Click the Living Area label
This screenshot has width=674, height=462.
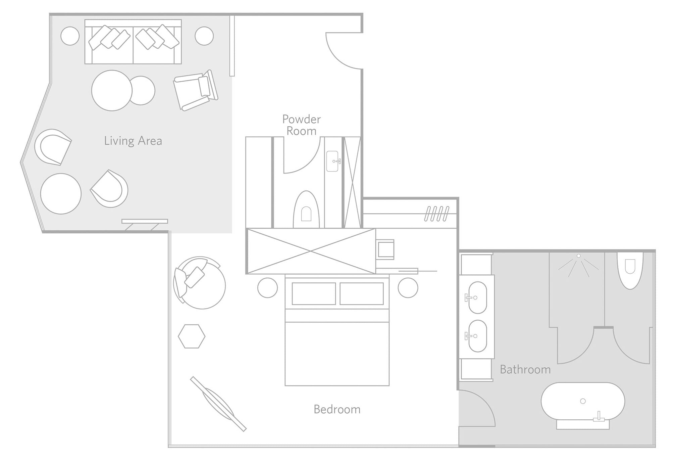click(133, 141)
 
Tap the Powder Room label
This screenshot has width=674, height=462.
click(301, 125)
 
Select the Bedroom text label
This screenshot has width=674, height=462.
click(337, 409)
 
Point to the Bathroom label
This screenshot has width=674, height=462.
click(525, 370)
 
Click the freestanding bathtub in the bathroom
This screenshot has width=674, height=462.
click(583, 401)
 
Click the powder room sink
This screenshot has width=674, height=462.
click(333, 161)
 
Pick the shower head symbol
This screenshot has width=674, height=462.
click(578, 265)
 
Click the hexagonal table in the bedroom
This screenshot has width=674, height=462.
click(192, 336)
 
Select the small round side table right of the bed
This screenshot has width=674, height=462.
click(408, 288)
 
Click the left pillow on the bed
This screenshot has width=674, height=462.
click(314, 294)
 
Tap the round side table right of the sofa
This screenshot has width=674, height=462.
click(204, 36)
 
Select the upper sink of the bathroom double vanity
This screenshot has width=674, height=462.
click(477, 297)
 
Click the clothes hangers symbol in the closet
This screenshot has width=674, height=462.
click(436, 214)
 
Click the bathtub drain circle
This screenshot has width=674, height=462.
click(583, 401)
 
